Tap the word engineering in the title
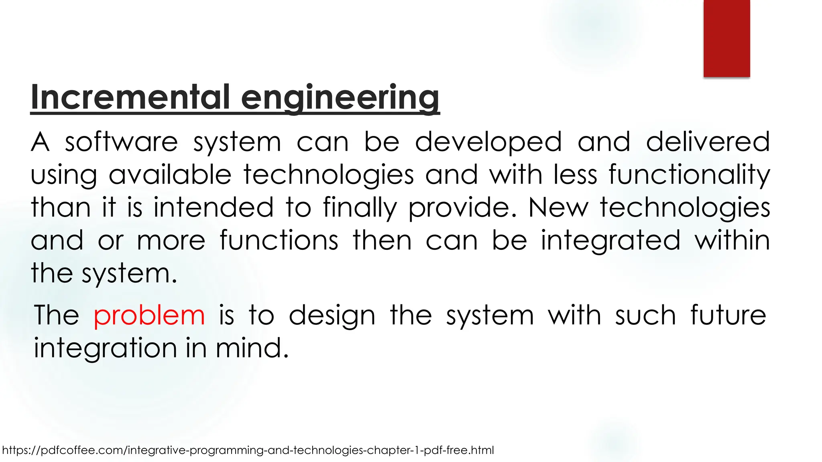(x=340, y=98)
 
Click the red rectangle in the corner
(x=726, y=38)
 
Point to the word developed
(x=488, y=143)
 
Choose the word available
(x=170, y=175)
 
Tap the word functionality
(x=689, y=176)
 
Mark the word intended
(x=214, y=208)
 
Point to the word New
(x=558, y=208)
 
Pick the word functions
(x=279, y=241)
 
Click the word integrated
(x=610, y=241)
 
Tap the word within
(x=732, y=241)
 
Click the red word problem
(x=149, y=316)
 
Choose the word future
(x=728, y=315)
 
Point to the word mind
(x=252, y=348)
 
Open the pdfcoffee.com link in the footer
(x=248, y=450)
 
